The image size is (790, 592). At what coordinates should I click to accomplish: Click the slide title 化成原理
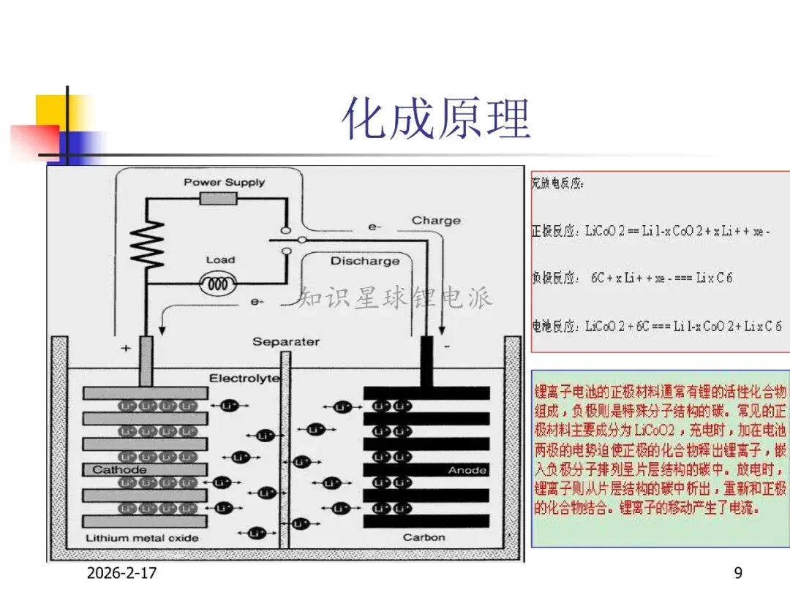(x=437, y=119)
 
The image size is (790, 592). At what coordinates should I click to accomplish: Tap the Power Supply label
(x=224, y=182)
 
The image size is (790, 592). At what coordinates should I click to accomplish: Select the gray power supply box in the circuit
(x=219, y=200)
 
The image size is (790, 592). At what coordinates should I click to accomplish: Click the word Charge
(x=436, y=220)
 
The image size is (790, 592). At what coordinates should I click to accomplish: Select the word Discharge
(x=365, y=261)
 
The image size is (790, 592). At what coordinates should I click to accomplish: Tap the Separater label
(x=286, y=341)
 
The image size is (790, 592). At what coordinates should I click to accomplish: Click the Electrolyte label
(x=244, y=378)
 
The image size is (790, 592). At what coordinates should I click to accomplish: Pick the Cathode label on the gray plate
(x=119, y=470)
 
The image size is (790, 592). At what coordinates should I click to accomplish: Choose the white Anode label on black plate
(x=467, y=470)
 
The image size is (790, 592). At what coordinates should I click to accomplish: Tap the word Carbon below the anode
(x=424, y=537)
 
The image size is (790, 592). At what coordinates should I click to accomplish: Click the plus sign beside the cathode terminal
(x=126, y=349)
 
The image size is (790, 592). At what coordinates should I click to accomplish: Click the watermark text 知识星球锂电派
(x=395, y=297)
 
